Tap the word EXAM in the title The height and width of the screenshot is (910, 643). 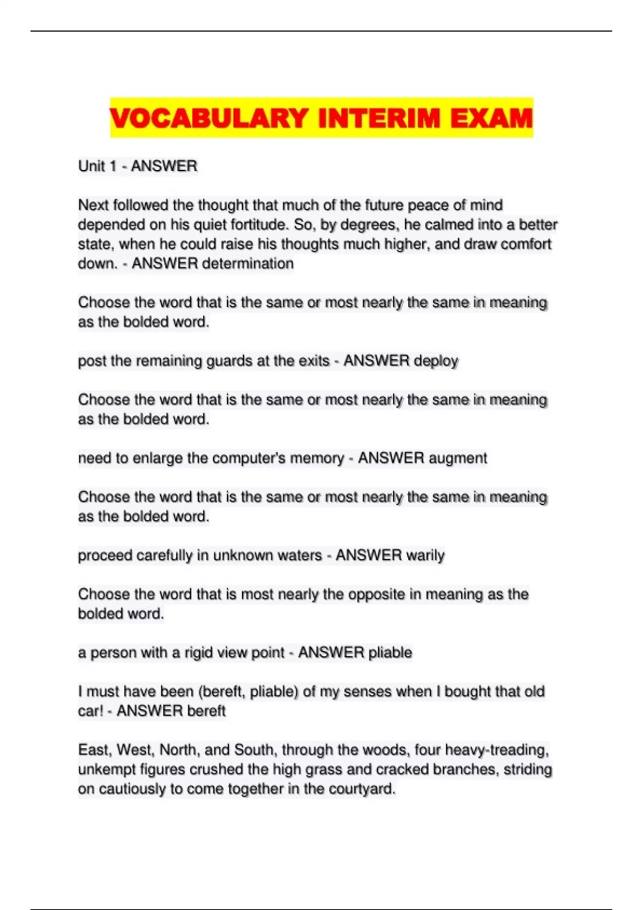click(x=491, y=118)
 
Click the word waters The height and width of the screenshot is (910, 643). click(x=297, y=555)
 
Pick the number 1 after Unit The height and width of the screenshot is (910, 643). click(x=113, y=166)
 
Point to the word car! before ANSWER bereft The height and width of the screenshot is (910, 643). click(x=90, y=711)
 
